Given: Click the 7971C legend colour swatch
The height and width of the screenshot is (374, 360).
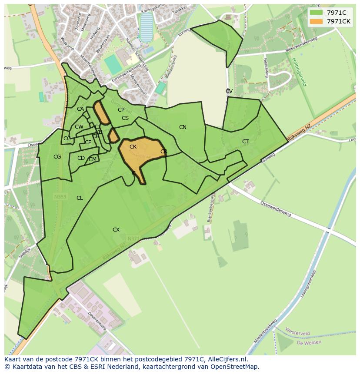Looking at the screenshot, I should point(317,12).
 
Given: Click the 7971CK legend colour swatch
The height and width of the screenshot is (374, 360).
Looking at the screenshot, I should point(317,21).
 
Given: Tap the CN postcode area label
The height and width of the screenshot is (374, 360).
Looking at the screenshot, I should point(183,127).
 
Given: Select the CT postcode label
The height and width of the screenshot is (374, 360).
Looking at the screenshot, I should point(245,142).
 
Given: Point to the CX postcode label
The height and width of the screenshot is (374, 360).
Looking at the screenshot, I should point(116,230).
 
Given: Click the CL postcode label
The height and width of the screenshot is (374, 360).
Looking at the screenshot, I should point(80,198).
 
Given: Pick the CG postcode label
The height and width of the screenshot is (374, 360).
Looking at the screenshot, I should point(57,157).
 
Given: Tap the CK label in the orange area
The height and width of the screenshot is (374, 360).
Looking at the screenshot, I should point(133,147).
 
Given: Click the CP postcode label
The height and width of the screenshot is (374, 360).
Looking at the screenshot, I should point(121,110).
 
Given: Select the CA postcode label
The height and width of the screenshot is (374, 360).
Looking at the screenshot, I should point(80,109).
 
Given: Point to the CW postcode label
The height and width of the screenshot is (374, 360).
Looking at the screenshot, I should point(79,127).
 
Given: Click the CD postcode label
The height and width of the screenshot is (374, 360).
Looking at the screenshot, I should point(81,158).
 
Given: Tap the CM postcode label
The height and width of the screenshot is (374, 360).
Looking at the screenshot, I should point(93,159).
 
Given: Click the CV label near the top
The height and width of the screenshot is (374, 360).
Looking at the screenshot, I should point(229,91).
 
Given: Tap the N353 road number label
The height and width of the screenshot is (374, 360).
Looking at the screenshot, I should point(60,197).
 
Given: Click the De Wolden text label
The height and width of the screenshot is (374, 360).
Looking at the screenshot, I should point(309,342).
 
